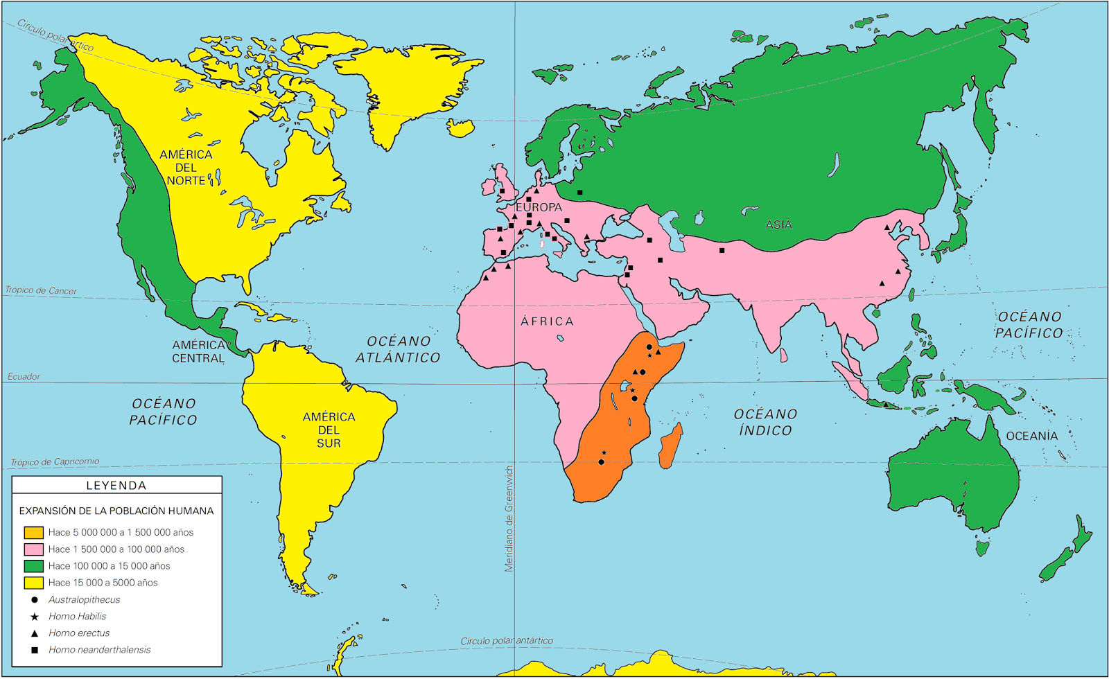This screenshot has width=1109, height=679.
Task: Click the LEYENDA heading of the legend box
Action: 116,486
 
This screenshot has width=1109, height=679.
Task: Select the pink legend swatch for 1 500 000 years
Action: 33,549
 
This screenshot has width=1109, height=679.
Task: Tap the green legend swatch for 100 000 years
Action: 33,566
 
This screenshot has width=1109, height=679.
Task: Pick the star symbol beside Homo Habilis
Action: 34,617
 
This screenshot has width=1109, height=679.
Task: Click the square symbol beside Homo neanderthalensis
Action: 34,650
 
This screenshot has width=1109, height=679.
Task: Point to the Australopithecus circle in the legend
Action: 34,600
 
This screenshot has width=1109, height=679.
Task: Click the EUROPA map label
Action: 539,207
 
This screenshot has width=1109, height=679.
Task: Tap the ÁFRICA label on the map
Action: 547,321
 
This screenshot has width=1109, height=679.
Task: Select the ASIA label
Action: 778,224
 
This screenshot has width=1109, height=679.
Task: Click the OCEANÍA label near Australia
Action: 1031,436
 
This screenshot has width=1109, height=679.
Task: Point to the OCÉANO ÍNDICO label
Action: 765,422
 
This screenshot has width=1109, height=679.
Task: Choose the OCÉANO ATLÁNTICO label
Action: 398,349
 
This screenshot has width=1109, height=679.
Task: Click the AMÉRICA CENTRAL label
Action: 198,351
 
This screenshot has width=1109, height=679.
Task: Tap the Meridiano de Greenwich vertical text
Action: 509,518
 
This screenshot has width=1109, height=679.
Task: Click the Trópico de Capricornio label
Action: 55,462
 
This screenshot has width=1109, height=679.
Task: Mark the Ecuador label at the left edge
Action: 24,377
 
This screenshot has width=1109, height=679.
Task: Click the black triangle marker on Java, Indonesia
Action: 886,405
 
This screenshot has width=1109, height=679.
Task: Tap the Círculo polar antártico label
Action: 507,641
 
